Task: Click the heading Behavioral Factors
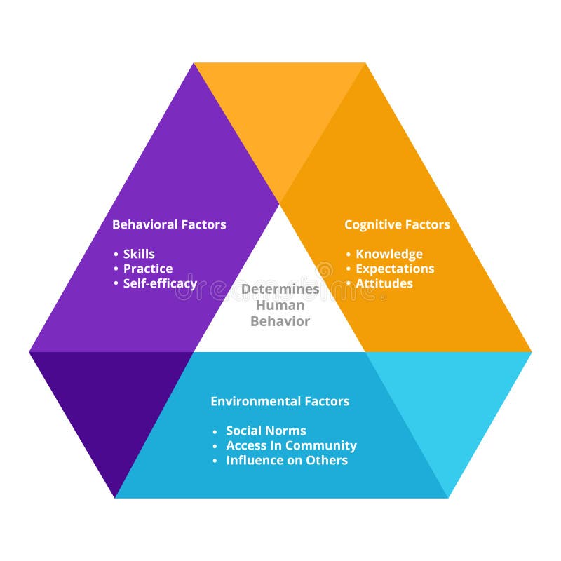tap(169, 224)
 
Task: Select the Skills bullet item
tap(139, 254)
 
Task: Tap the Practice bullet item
tap(147, 269)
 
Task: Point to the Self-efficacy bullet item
tap(159, 283)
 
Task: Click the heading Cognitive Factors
tap(397, 224)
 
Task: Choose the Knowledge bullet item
tap(388, 254)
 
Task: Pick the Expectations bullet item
tap(394, 269)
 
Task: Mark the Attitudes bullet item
tap(384, 283)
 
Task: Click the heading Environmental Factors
tap(280, 401)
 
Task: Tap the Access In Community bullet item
tap(290, 445)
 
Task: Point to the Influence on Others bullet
tap(286, 460)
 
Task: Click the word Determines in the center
tap(280, 289)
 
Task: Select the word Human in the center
tap(280, 305)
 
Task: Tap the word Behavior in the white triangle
tap(280, 321)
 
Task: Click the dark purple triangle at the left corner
tap(112, 400)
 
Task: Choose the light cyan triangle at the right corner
tap(449, 400)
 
